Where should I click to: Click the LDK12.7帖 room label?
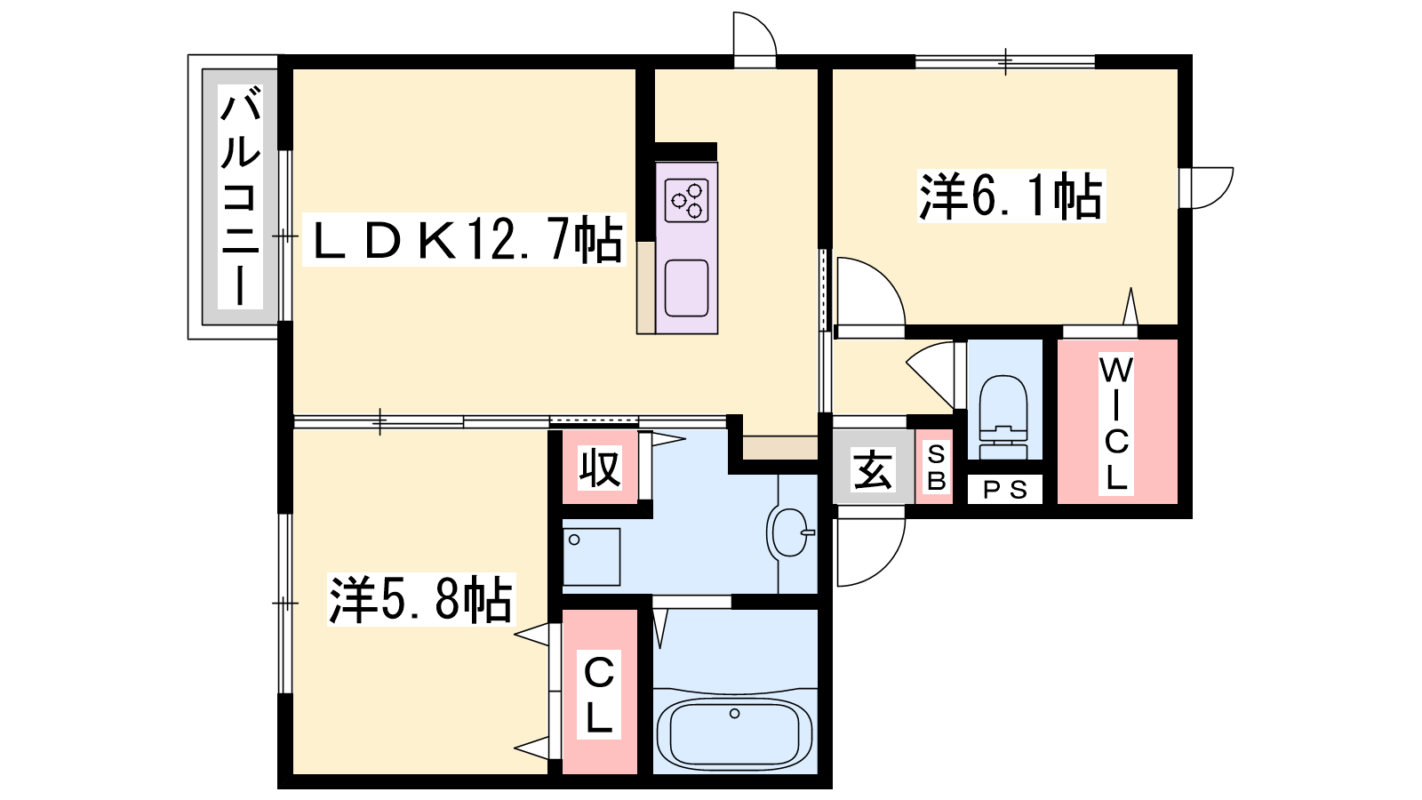pyautogui.click(x=464, y=239)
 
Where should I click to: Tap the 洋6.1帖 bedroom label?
pyautogui.click(x=1011, y=196)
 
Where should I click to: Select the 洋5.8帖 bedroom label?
pyautogui.click(x=421, y=599)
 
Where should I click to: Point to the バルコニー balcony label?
pyautogui.click(x=241, y=196)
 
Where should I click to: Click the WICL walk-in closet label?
pyautogui.click(x=1116, y=424)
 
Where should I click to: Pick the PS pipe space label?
pyautogui.click(x=1005, y=490)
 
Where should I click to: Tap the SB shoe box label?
pyautogui.click(x=937, y=468)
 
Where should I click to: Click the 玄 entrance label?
pyautogui.click(x=873, y=470)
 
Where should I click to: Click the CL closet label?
pyautogui.click(x=598, y=694)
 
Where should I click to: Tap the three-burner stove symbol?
pyautogui.click(x=686, y=200)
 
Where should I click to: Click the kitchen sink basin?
pyautogui.click(x=686, y=288)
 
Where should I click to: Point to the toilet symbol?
pyautogui.click(x=1003, y=416)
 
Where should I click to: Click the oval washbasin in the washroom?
pyautogui.click(x=790, y=532)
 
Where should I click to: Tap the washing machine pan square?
pyautogui.click(x=591, y=556)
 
